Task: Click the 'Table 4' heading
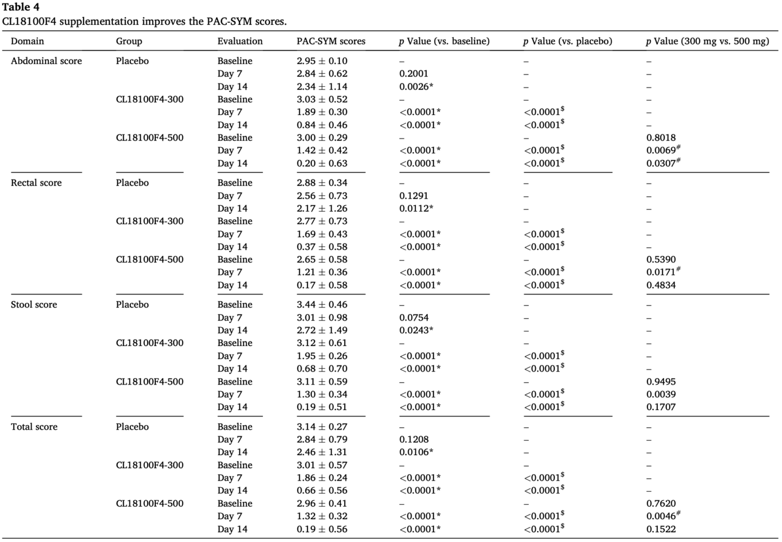pos(21,7)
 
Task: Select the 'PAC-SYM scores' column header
pos(331,41)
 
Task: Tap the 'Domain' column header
pos(27,41)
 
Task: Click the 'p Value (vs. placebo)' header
pos(567,41)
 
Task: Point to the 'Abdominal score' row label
pos(46,61)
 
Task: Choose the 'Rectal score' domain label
pos(36,183)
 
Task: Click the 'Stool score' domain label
pos(34,305)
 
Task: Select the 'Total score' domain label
pos(34,427)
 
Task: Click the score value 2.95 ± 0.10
pos(321,61)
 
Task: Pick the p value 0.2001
pos(413,74)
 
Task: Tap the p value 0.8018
pos(661,138)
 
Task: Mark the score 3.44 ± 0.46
pos(321,305)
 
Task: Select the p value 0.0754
pos(413,318)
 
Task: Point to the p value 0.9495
pos(661,382)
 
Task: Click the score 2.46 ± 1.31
pos(321,452)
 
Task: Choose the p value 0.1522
pos(661,530)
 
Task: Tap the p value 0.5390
pos(661,260)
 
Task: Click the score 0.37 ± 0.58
pos(321,247)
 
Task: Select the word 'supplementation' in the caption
pos(100,22)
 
